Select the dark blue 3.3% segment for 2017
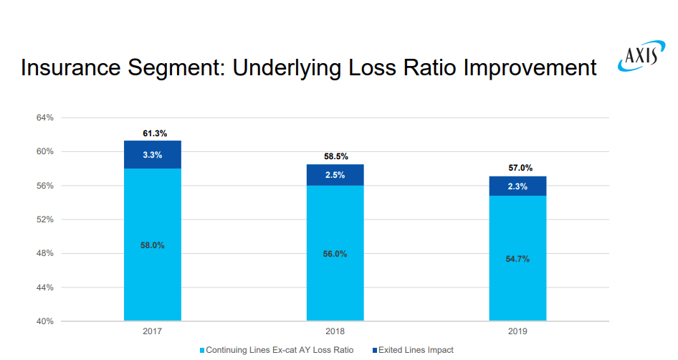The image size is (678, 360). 152,154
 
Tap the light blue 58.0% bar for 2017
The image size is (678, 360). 152,245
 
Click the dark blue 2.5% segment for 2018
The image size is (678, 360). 335,175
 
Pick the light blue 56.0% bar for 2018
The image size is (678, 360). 335,254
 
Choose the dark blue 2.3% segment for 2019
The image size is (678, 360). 517,186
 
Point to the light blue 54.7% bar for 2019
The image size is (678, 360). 517,259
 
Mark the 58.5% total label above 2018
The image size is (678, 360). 335,156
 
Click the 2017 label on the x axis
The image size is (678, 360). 152,332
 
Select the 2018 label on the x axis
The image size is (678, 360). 335,332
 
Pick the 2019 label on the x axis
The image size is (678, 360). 517,332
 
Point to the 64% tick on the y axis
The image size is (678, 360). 44,118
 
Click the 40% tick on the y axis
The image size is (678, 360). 44,321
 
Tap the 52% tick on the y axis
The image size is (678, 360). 44,219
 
